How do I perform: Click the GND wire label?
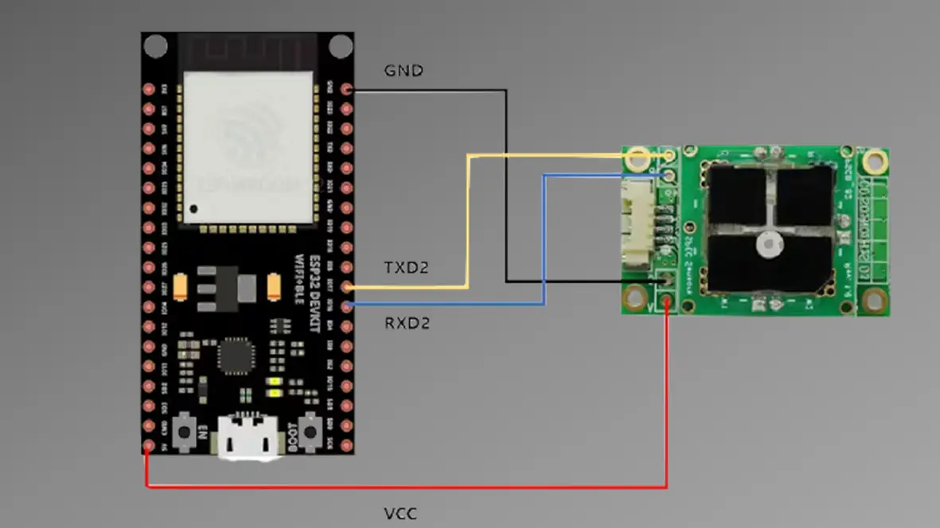(404, 71)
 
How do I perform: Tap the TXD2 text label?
(407, 268)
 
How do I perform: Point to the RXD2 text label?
(408, 324)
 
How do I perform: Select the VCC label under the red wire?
(400, 514)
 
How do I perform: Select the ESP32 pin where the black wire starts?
(346, 90)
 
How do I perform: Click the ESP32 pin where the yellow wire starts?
(346, 286)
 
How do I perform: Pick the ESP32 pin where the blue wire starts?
(346, 305)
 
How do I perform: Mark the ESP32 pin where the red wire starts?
(149, 446)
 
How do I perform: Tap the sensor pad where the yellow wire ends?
(669, 157)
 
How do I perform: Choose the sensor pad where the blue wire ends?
(669, 174)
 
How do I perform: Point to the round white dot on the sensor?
(769, 244)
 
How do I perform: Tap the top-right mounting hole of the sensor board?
(876, 161)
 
